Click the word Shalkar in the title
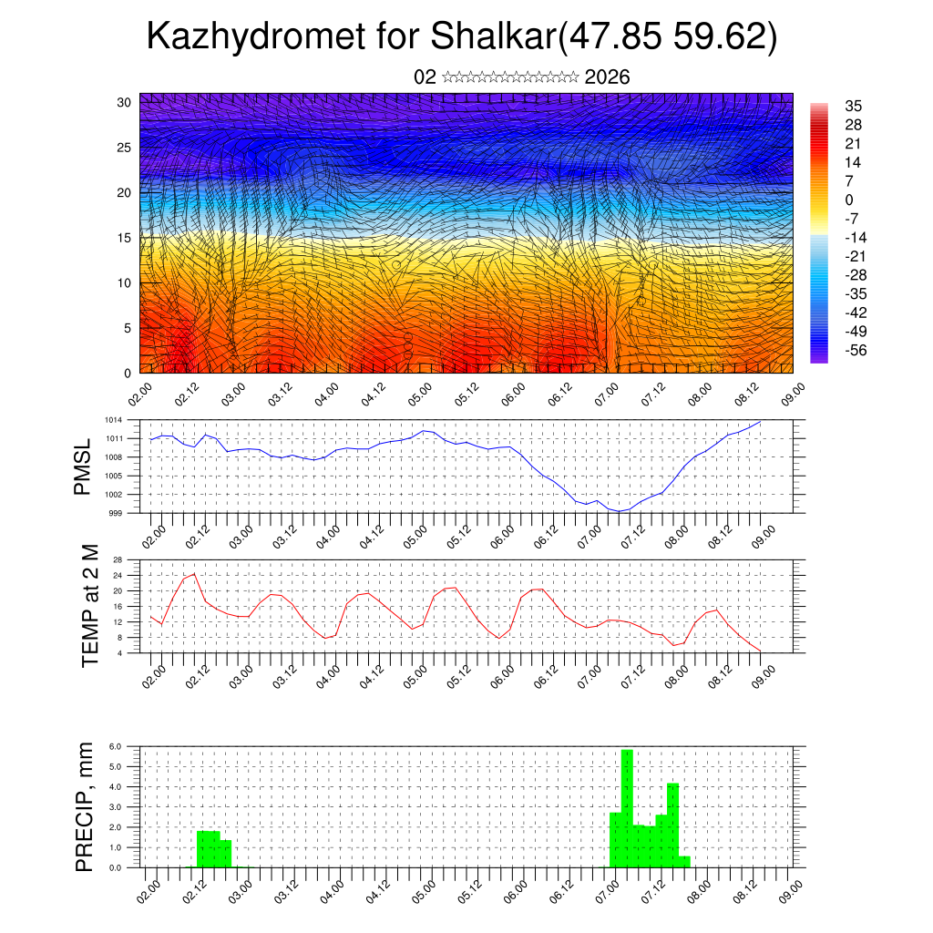492,38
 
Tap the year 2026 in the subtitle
608,77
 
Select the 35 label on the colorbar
854,107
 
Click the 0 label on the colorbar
849,200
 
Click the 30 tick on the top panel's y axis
125,102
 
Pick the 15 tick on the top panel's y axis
125,238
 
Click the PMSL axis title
83,466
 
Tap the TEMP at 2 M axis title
88,605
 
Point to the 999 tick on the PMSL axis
115,513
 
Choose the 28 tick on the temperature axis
118,559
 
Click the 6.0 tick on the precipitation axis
116,746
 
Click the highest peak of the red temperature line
194,574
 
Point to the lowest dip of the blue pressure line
619,511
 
